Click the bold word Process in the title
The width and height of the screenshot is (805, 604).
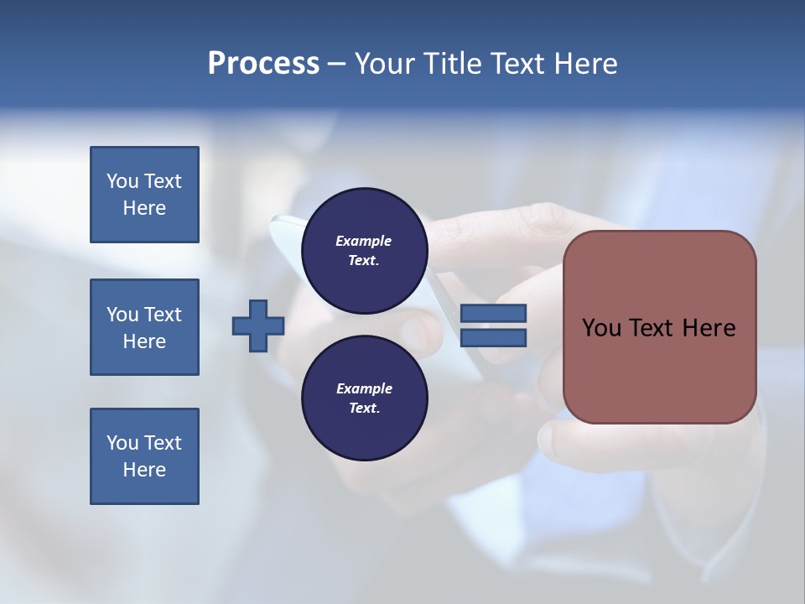point(263,64)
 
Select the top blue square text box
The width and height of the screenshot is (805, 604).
point(144,195)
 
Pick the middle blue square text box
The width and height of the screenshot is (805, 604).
point(144,327)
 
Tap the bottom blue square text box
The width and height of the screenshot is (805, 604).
point(144,456)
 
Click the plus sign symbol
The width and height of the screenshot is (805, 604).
point(258,326)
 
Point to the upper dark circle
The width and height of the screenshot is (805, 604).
point(365,250)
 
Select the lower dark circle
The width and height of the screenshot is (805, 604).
point(365,398)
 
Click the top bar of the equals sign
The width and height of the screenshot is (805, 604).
point(494,314)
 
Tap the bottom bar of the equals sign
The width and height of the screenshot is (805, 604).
point(494,337)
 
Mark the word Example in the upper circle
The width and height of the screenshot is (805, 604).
point(364,241)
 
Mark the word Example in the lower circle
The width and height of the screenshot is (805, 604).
point(364,388)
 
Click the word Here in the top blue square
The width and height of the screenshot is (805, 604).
point(144,208)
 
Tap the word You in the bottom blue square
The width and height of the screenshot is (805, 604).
point(122,443)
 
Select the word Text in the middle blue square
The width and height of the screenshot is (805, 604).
point(163,315)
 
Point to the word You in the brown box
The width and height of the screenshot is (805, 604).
point(601,328)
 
